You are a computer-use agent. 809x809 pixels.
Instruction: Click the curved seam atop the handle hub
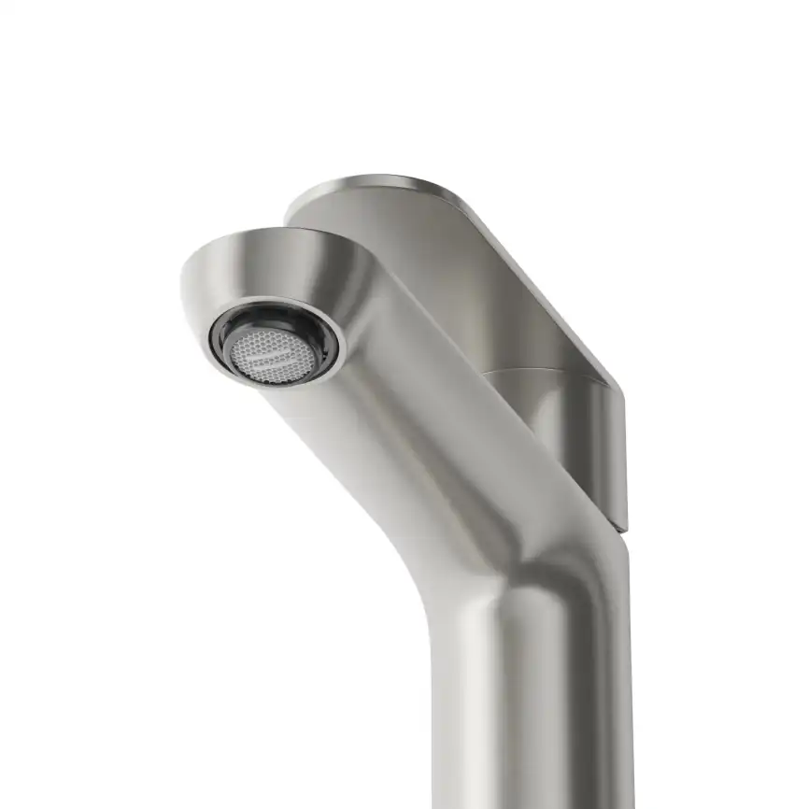tap(532, 371)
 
